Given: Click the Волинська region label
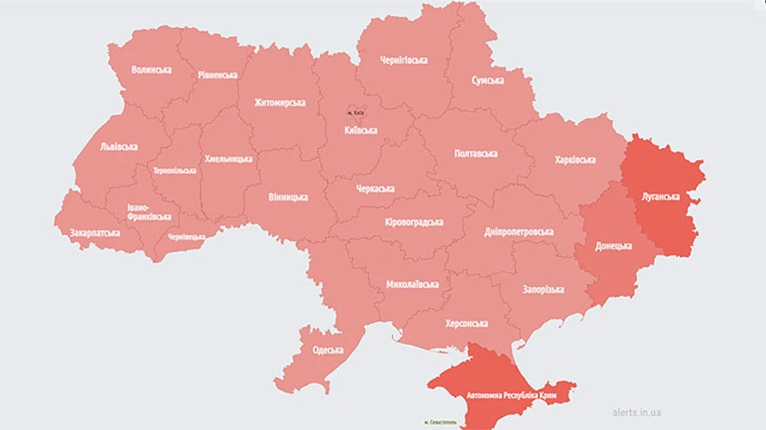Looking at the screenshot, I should [151, 69].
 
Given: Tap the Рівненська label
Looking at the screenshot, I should [218, 75].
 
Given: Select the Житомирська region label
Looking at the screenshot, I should [279, 102].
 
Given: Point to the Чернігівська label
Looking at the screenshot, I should [403, 60].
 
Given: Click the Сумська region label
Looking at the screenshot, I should [488, 80].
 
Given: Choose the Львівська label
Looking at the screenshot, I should [117, 146].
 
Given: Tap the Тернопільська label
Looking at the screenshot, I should [174, 170].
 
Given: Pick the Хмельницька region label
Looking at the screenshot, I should [228, 158].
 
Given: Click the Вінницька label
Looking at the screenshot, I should [288, 197].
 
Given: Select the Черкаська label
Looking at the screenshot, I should [374, 188].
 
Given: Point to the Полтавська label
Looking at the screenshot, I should [476, 153].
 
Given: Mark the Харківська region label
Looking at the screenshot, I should [574, 159].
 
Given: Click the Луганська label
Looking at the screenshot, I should [660, 196].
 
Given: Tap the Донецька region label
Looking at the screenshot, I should [613, 245].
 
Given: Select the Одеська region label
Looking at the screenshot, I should [327, 349].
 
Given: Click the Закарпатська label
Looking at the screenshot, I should [94, 231].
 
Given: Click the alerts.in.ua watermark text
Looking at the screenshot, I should [637, 412].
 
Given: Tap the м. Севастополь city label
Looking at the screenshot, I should [440, 421].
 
